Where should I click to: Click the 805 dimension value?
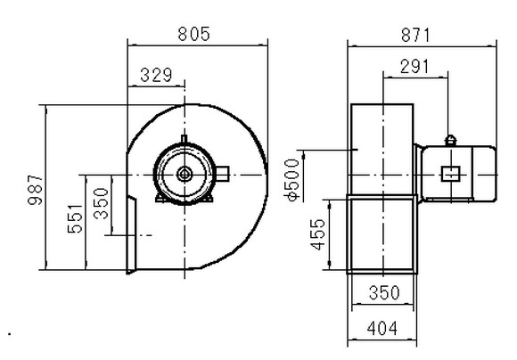194,34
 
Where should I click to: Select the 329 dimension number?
156,75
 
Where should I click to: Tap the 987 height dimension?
36,190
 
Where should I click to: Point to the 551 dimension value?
75,219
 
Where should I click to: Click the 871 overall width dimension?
415,36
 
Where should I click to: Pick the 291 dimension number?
414,67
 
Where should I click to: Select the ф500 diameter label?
292,180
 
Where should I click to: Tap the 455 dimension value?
318,234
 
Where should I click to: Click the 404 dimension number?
382,328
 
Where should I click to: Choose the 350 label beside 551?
101,204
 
